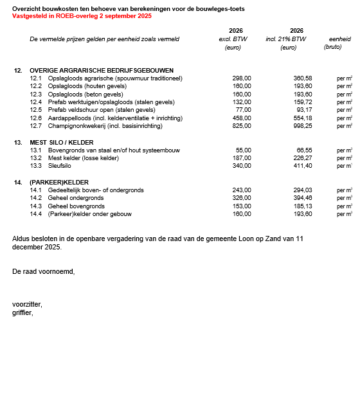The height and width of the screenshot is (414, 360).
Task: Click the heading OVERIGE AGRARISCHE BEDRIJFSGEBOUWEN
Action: [101, 70]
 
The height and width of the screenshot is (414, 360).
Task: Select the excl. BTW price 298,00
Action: [242, 78]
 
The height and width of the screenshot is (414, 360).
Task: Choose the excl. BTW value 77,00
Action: [244, 110]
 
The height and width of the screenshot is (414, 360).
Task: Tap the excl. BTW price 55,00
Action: [244, 150]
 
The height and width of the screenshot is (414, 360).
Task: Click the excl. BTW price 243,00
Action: [242, 190]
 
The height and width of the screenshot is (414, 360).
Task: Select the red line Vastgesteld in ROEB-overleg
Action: [82, 15]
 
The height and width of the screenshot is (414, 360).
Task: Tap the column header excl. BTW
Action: [233, 39]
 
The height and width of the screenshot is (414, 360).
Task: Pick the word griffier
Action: [22, 312]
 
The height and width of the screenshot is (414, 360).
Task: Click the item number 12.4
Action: [36, 102]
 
